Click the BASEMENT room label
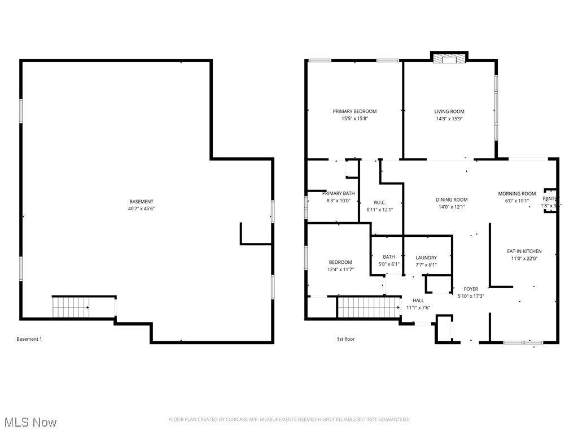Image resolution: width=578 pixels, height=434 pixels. [141, 202]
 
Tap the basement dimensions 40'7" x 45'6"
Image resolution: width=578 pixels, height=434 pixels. [141, 209]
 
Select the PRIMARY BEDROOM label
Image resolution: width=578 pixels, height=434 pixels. [354, 111]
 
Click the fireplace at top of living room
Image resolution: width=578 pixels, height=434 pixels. [449, 58]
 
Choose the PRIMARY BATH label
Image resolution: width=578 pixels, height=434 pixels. [339, 193]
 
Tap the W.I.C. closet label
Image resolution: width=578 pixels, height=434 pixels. [379, 202]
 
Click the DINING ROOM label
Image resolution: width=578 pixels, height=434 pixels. [452, 199]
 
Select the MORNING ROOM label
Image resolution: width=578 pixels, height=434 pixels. [516, 194]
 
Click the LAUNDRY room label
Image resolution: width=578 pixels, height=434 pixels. [426, 258]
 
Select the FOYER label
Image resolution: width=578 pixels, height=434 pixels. [471, 289]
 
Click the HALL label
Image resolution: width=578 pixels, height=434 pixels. [418, 301]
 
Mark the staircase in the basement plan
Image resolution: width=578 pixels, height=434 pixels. [71, 307]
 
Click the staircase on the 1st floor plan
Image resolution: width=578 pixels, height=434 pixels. [369, 308]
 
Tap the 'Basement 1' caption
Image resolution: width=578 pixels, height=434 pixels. [29, 339]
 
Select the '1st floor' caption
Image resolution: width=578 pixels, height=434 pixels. [345, 339]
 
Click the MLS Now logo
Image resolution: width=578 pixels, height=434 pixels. [30, 422]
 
